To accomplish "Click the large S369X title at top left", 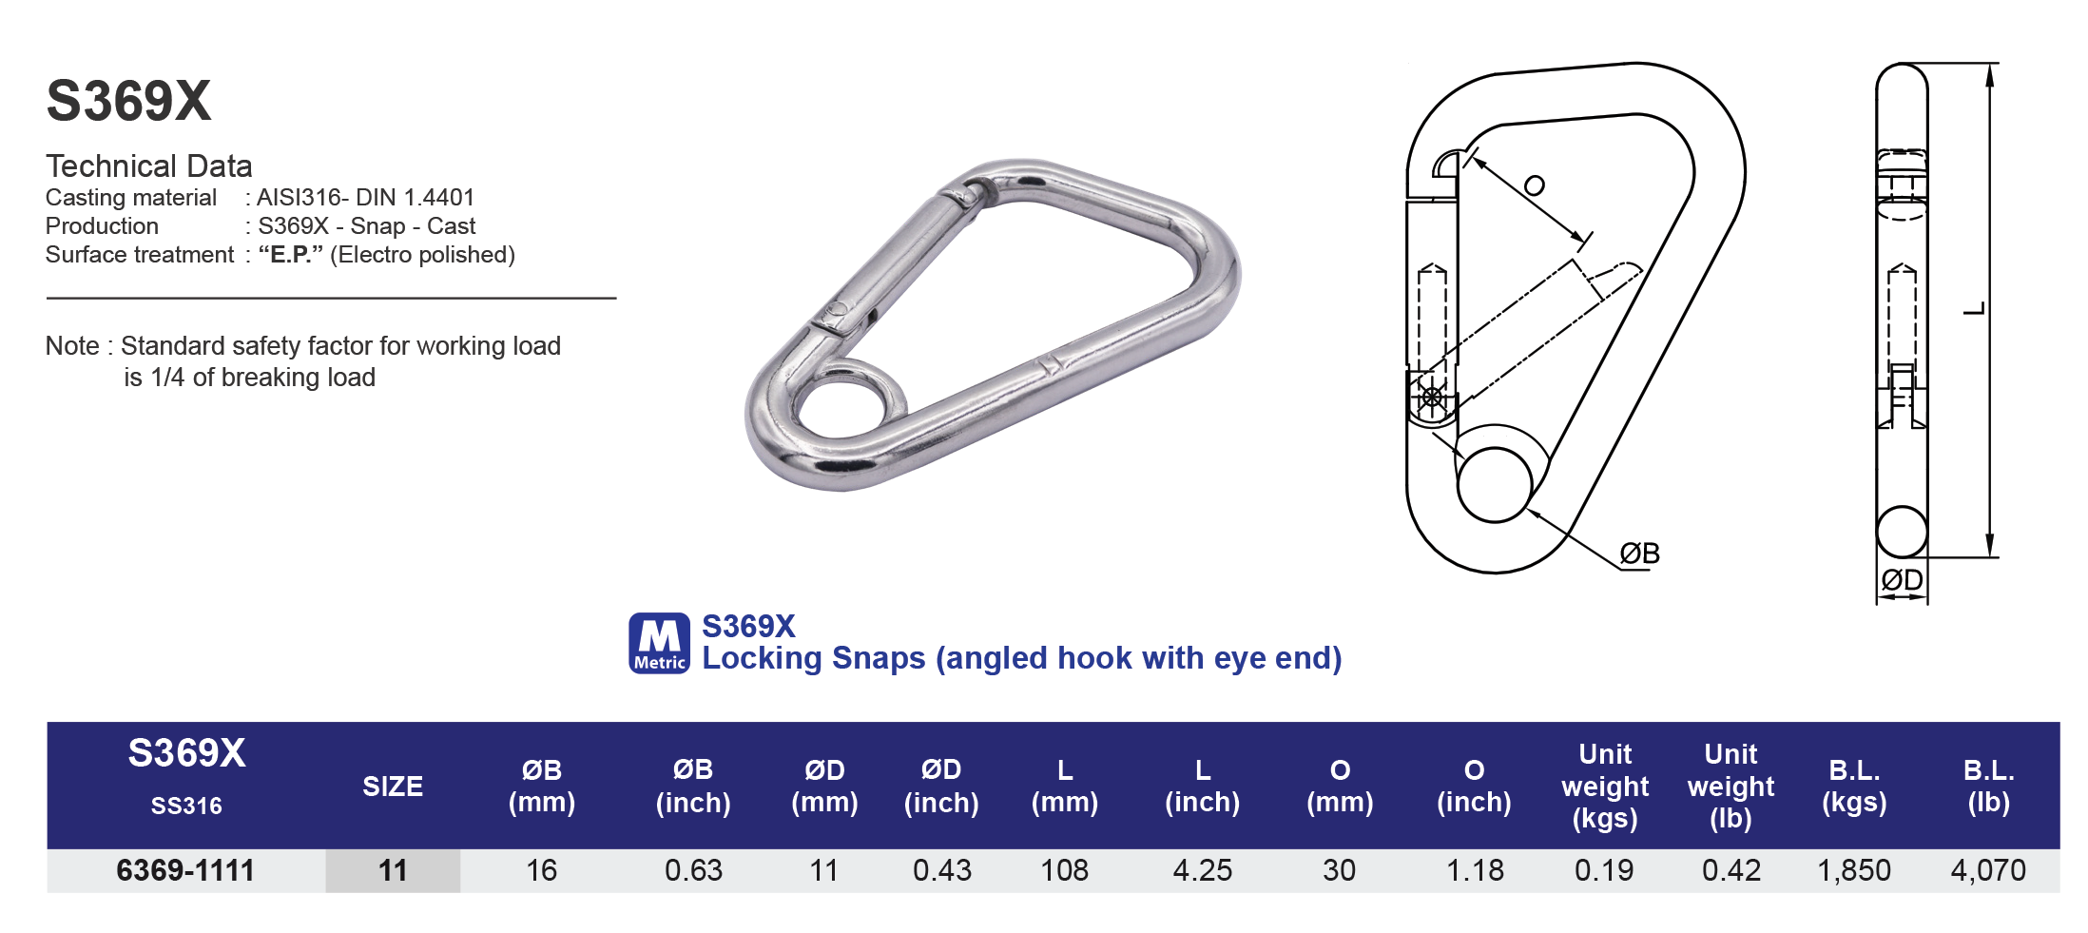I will pos(128,101).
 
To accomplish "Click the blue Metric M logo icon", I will pos(659,643).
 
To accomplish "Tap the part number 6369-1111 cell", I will pos(185,870).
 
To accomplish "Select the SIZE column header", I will pos(392,787).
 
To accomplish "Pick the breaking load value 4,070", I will pos(1987,870).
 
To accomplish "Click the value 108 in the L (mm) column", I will pos(1064,870).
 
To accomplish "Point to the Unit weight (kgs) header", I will pos(1604,786).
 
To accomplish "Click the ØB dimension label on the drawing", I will pos(1639,554).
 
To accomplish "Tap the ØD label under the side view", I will pos(1902,579).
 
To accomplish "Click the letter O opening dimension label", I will pos(1534,185).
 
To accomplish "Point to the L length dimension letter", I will pos(1975,308).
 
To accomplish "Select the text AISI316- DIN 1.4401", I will pos(365,197).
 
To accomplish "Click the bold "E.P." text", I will pos(290,255).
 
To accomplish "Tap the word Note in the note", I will pos(71,346).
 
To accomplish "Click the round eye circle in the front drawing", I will pos(1495,484).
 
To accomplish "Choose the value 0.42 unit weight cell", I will pos(1730,870).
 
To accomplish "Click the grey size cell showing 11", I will pos(393,870).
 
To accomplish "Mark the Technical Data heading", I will pos(148,166).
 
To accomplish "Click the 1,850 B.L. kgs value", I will pos(1853,870).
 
